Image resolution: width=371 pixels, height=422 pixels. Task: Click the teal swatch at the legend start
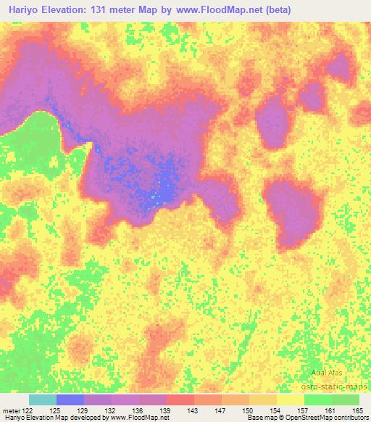pyautogui.click(x=43, y=400)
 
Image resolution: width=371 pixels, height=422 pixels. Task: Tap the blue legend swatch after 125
pyautogui.click(x=70, y=400)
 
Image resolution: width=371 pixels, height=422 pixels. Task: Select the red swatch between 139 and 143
pyautogui.click(x=180, y=400)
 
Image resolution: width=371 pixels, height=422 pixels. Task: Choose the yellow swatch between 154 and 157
pyautogui.click(x=291, y=400)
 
